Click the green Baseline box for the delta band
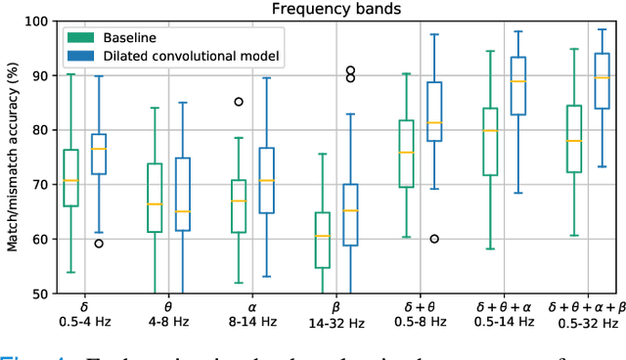(70, 178)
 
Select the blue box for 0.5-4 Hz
(99, 154)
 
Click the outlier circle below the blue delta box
(99, 244)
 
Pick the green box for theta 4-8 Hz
(155, 198)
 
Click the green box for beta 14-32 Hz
(323, 240)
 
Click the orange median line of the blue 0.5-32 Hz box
(604, 77)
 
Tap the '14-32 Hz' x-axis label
(336, 323)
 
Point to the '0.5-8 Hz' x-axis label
(421, 323)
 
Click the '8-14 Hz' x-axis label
(252, 323)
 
